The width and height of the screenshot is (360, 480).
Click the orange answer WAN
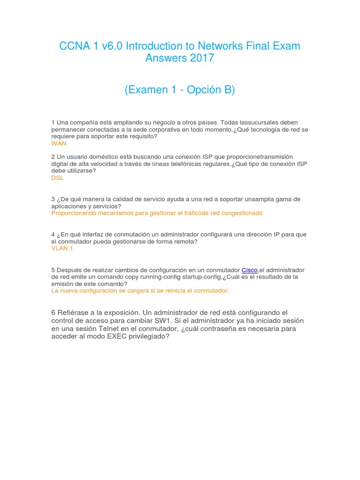click(59, 143)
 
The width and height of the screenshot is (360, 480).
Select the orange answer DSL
click(57, 178)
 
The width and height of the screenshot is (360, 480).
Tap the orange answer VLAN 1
click(62, 248)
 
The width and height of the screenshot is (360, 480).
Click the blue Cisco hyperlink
click(249, 270)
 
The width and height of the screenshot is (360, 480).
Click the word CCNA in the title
click(73, 46)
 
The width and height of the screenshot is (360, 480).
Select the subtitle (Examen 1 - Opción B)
click(180, 90)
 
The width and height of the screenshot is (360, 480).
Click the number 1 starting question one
click(53, 123)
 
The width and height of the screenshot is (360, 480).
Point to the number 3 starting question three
click(53, 199)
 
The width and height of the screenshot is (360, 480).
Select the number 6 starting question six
click(53, 313)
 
